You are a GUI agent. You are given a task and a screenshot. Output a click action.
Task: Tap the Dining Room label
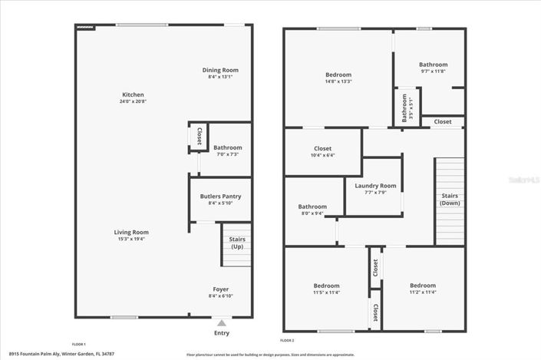[x=220, y=70]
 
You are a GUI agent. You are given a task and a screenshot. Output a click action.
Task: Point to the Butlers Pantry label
[x=220, y=197]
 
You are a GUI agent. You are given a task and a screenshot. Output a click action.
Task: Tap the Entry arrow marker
[x=222, y=323]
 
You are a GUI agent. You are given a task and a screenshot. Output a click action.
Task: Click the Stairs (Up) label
[x=237, y=243]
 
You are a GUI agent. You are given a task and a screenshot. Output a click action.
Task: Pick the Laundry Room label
[x=375, y=186]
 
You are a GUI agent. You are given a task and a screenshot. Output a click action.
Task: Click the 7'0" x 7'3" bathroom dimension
[x=227, y=154]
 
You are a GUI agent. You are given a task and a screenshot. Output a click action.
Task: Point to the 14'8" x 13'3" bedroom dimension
[x=338, y=81]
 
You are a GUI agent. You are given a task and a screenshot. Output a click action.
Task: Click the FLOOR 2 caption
[x=287, y=340]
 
